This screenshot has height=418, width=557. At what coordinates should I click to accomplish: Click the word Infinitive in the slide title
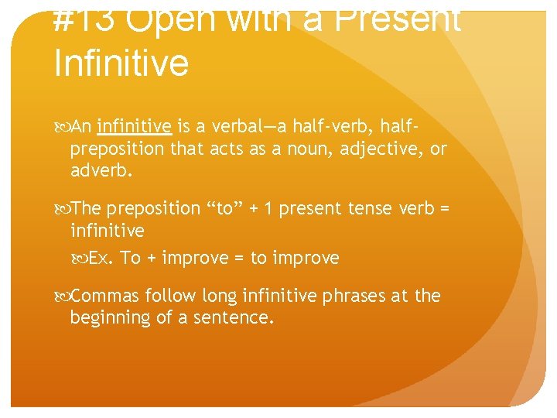[x=121, y=62]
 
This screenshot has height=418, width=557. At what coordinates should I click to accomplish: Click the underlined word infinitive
[x=135, y=127]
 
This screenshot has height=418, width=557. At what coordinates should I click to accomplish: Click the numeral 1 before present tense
[x=268, y=209]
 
